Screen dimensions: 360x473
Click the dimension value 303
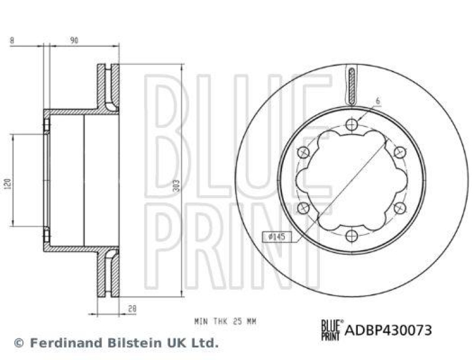[176, 186]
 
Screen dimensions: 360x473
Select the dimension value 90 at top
[74, 40]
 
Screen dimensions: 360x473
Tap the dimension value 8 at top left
[11, 40]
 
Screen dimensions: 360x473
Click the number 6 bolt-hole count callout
[377, 101]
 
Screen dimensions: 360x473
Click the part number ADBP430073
[388, 329]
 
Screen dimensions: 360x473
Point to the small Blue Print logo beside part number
[331, 329]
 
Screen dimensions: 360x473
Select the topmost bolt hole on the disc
[352, 124]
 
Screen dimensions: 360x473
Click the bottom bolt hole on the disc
[352, 236]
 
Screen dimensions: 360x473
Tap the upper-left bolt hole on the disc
[303, 153]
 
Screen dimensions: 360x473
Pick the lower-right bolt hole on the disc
[400, 207]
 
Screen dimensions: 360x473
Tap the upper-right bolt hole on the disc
[400, 153]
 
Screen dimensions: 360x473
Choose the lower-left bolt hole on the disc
[303, 207]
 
